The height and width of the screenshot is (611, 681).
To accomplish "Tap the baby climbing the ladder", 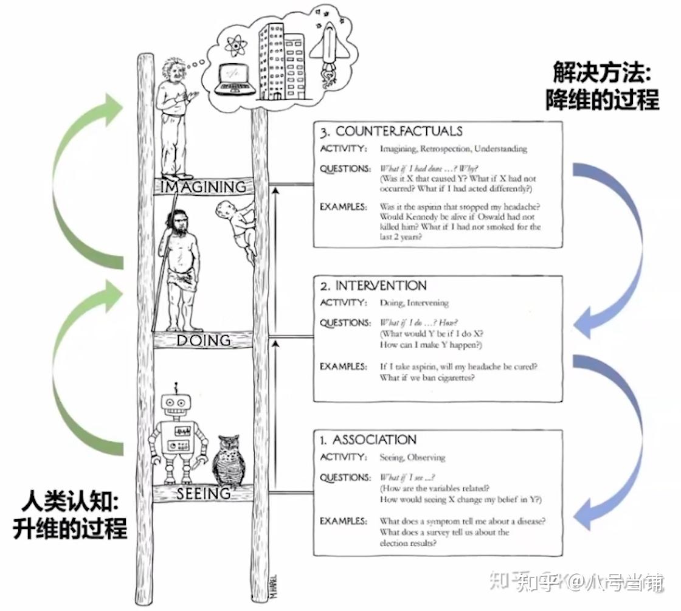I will pyautogui.click(x=237, y=228).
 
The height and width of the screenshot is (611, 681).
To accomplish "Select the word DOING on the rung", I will pyautogui.click(x=203, y=340).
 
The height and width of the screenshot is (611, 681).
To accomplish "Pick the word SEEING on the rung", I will pyautogui.click(x=203, y=494).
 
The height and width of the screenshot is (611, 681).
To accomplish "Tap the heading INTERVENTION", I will pyautogui.click(x=381, y=286).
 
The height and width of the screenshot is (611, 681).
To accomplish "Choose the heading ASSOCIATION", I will pyautogui.click(x=375, y=440).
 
